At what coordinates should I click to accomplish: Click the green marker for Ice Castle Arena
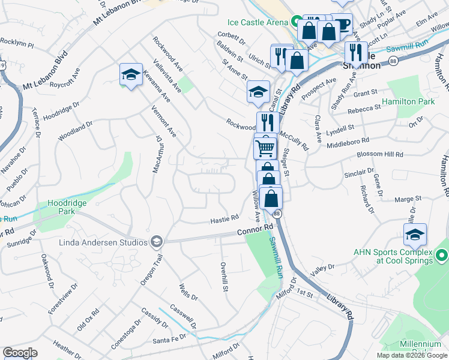pos(295,22)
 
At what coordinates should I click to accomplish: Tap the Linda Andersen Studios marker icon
pos(157,242)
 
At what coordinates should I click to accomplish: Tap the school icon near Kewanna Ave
pos(131,74)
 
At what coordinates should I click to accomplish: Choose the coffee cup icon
pos(342,25)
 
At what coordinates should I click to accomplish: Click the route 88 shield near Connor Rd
pos(276,214)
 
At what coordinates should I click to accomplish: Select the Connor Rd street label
pos(255,229)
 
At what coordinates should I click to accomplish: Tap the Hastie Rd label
pos(224,220)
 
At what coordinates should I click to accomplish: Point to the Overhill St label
pos(223,277)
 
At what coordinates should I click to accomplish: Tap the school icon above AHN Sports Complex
pos(415,235)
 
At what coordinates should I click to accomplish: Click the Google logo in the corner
pos(20,353)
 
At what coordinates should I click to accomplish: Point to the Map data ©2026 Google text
pos(411,355)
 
